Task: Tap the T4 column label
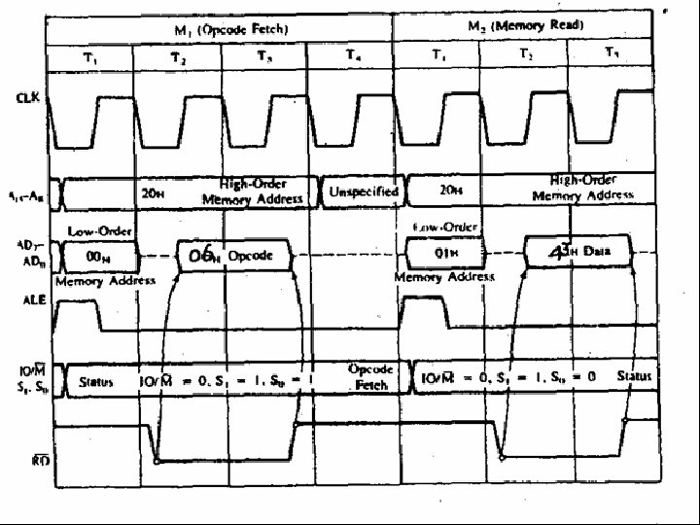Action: pos(351,56)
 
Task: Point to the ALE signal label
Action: pos(28,301)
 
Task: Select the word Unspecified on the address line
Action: pos(364,192)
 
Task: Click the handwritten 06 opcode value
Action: pos(201,255)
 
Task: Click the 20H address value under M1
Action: pos(153,193)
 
